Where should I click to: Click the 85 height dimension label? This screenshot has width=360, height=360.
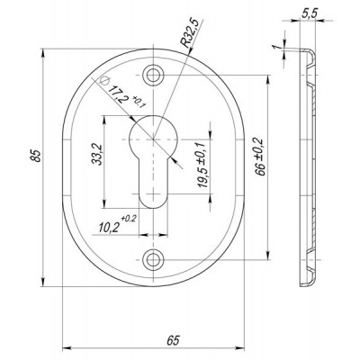click(36, 155)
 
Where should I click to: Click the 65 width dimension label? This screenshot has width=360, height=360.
click(173, 341)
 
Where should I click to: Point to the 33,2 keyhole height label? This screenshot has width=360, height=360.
click(97, 155)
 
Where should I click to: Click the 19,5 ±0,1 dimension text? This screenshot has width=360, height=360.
click(203, 166)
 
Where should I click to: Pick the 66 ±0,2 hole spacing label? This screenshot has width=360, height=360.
click(260, 157)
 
